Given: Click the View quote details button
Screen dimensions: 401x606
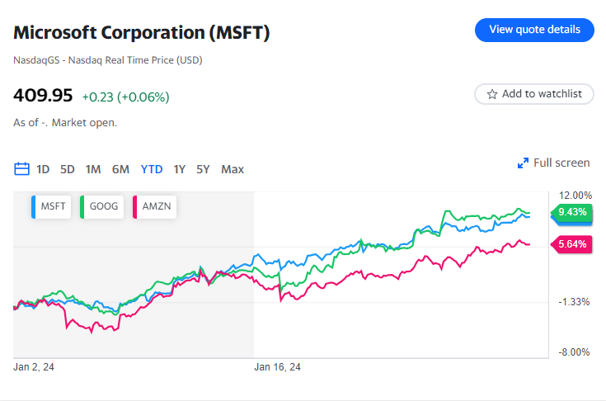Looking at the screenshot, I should coord(534,30).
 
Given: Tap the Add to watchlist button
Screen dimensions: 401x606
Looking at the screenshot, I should coord(534,94).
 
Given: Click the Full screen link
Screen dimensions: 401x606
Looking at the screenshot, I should coord(554,163).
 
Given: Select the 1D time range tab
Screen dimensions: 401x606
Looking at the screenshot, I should coord(43,169).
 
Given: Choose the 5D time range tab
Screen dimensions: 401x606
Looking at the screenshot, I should coord(68,169).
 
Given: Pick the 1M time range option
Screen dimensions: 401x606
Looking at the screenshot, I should coord(93,169).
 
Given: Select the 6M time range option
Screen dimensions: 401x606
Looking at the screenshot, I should coord(120,169).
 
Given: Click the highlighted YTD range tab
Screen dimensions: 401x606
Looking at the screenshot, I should coord(152,169).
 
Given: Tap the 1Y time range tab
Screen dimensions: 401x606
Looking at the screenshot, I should coord(179,169).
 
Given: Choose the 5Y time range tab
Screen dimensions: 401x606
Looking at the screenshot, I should coord(203,169).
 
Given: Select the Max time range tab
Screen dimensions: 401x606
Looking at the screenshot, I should coord(233,169).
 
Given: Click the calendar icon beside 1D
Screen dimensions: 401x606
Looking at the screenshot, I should coord(22,169).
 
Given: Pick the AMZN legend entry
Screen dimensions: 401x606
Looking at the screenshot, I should coord(153,206).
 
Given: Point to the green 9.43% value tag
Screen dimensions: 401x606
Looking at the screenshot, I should coord(571,212).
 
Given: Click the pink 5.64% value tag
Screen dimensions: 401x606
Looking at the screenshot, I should coord(571,244).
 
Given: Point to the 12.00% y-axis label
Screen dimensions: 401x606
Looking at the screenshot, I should coord(575,196).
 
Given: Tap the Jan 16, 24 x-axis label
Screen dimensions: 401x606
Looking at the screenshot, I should coord(278,367).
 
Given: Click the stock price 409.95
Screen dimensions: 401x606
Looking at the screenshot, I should coord(43,95).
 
